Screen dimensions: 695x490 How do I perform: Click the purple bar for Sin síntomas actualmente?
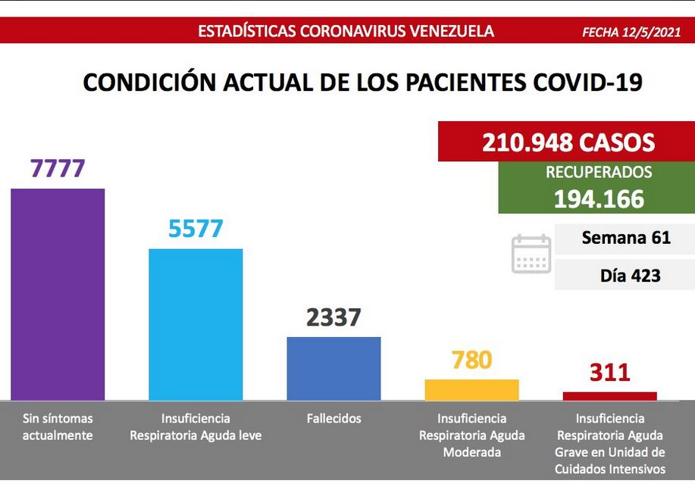pyautogui.click(x=58, y=295)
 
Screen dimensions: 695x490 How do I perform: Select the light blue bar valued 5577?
pyautogui.click(x=196, y=325)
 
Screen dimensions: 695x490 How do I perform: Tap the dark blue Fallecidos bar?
pyautogui.click(x=333, y=369)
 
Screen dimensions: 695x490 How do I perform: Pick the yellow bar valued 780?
pyautogui.click(x=471, y=390)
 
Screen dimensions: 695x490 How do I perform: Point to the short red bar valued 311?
pyautogui.click(x=610, y=396)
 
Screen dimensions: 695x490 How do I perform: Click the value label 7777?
pyautogui.click(x=58, y=168)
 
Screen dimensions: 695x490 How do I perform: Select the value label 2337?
pyautogui.click(x=333, y=317)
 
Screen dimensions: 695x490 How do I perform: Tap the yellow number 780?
pyautogui.click(x=471, y=360)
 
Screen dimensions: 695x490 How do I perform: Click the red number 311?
pyautogui.click(x=610, y=372)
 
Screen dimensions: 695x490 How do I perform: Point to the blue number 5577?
pyautogui.click(x=196, y=229)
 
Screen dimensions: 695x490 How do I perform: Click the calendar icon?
pyautogui.click(x=531, y=254)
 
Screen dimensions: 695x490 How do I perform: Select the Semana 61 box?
pyautogui.click(x=625, y=239)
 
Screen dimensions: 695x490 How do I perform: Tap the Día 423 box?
pyautogui.click(x=625, y=275)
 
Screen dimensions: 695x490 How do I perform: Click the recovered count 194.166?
pyautogui.click(x=599, y=199)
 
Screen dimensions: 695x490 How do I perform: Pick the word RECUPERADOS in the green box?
pyautogui.click(x=599, y=173)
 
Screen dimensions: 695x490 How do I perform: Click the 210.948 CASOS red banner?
pyautogui.click(x=566, y=142)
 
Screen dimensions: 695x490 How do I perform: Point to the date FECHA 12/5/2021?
pyautogui.click(x=631, y=32)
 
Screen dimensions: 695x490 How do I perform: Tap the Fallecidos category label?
pyautogui.click(x=333, y=418)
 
